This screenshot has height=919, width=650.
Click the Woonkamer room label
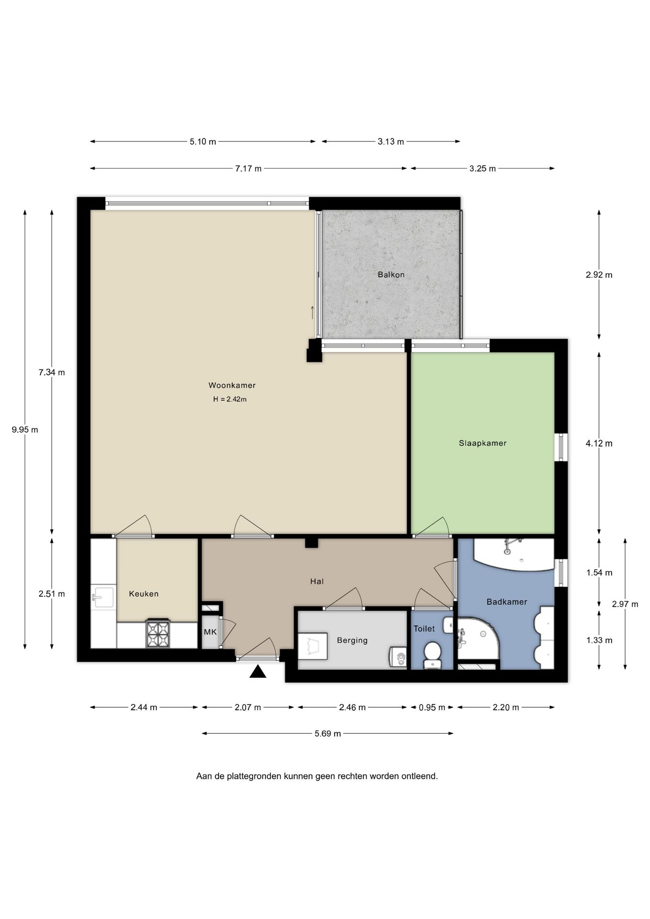[x=232, y=385]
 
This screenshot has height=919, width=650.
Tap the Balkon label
[x=391, y=275]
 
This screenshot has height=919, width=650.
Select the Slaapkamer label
[x=482, y=443]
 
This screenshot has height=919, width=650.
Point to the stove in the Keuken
[x=158, y=633]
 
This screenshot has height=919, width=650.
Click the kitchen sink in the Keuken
[x=102, y=597]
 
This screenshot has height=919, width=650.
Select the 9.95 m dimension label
[x=25, y=430]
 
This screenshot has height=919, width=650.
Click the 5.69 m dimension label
[x=328, y=733]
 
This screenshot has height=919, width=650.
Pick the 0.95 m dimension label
[x=432, y=707]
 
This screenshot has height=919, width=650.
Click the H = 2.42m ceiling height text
[x=230, y=399]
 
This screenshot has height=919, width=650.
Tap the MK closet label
[x=210, y=632]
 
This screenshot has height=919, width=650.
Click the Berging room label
[x=352, y=640]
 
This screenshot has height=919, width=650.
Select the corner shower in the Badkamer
[x=478, y=638]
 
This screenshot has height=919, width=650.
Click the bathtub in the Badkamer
[x=514, y=554]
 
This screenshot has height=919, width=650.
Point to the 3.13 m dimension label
[x=391, y=142]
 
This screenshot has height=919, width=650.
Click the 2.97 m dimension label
[x=625, y=604]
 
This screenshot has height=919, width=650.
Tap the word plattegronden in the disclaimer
[x=252, y=776]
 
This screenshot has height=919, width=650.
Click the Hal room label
[x=317, y=582]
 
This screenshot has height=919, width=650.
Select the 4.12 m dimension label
[x=599, y=443]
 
